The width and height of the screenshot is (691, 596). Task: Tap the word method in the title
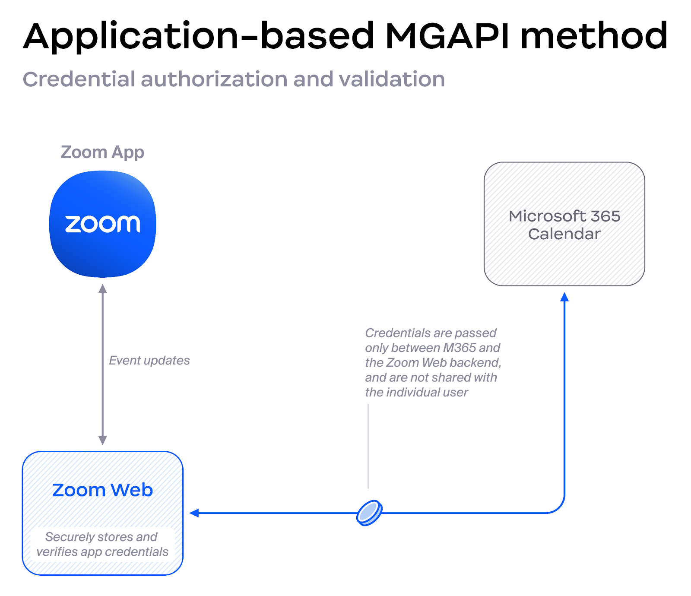pyautogui.click(x=594, y=36)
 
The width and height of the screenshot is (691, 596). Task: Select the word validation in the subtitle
pyautogui.click(x=392, y=79)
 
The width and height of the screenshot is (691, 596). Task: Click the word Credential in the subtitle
pyautogui.click(x=79, y=79)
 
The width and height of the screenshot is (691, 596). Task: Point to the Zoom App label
pyautogui.click(x=102, y=152)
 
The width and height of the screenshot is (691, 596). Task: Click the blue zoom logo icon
pyautogui.click(x=103, y=224)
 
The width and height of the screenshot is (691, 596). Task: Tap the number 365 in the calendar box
pyautogui.click(x=605, y=216)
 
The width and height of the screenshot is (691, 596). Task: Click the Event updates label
pyautogui.click(x=149, y=360)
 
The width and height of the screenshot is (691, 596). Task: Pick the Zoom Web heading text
pyautogui.click(x=102, y=490)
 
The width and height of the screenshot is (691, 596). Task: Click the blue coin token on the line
pyautogui.click(x=369, y=513)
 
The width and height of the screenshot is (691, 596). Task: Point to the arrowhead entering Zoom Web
pyautogui.click(x=194, y=513)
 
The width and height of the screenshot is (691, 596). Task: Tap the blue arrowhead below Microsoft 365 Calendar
pyautogui.click(x=564, y=297)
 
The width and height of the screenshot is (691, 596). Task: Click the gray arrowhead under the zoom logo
pyautogui.click(x=103, y=288)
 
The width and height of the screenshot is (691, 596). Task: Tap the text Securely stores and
pyautogui.click(x=101, y=537)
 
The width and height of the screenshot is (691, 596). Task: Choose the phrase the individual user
pyautogui.click(x=416, y=392)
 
